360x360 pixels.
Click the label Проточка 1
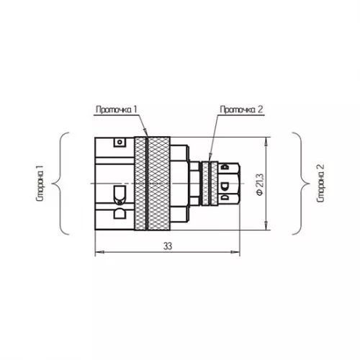[117, 109]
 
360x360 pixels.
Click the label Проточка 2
[241, 109]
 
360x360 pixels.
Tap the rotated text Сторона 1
[40, 184]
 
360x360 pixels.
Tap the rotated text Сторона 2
[320, 184]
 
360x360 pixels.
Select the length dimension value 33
[168, 246]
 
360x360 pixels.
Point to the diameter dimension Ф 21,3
[260, 184]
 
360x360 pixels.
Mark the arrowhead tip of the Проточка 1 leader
[147, 137]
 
